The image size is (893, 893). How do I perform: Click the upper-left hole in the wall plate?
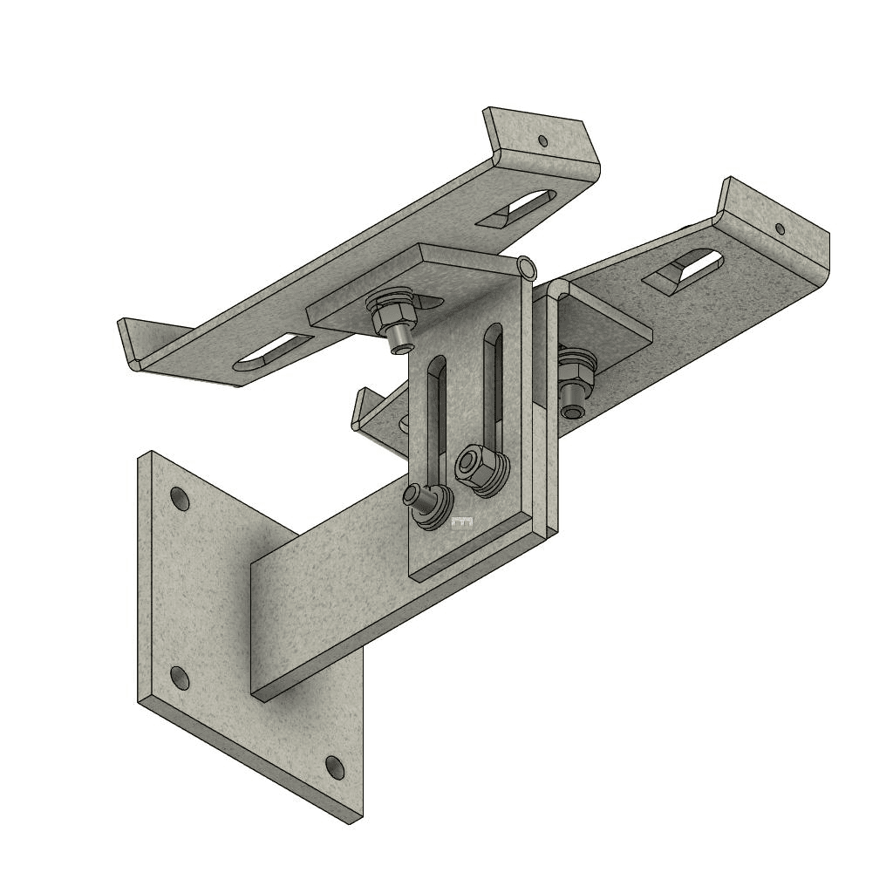[x=180, y=500]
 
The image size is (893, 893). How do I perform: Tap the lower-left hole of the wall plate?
[x=179, y=678]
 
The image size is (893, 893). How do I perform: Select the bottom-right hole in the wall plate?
[x=335, y=767]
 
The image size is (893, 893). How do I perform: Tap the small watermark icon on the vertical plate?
[x=462, y=522]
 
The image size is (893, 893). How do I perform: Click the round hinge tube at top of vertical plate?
[x=526, y=266]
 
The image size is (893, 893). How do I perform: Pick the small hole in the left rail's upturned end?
[x=542, y=140]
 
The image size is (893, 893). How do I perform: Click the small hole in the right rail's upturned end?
[x=780, y=229]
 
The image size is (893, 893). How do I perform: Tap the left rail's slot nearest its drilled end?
[x=523, y=208]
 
